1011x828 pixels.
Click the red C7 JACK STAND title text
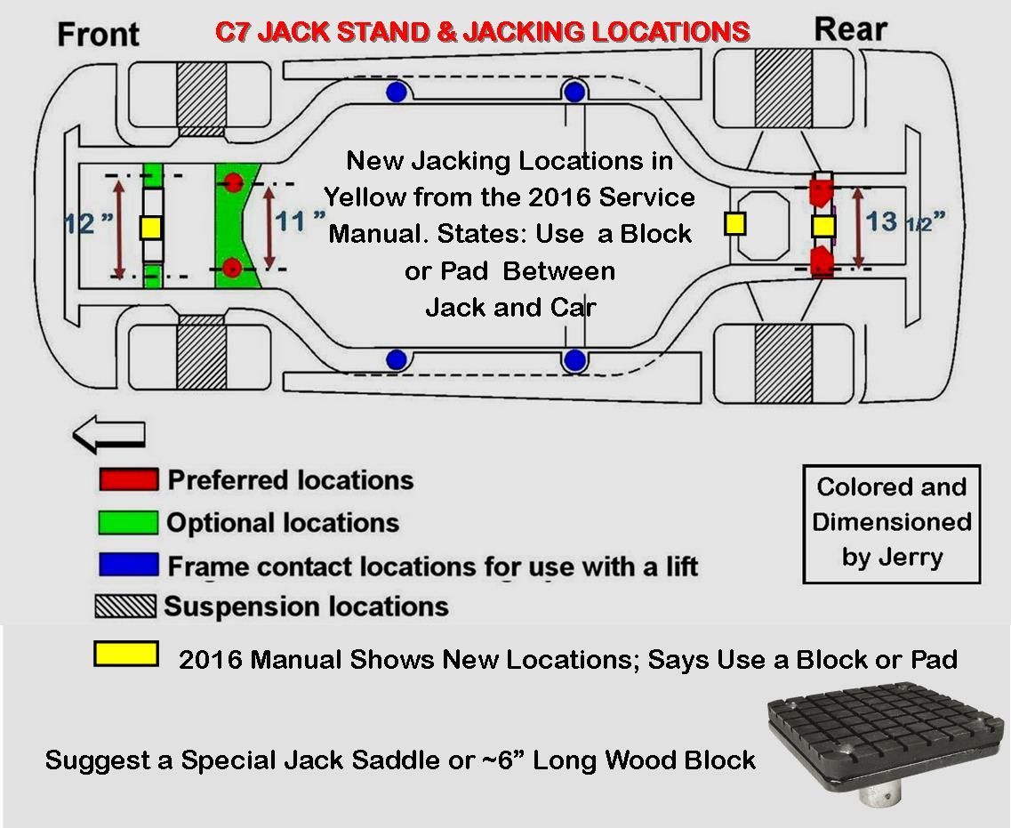pos(482,33)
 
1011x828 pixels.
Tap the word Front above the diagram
pos(98,34)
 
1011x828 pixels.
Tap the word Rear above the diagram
pos(850,29)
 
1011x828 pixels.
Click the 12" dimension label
pos(90,223)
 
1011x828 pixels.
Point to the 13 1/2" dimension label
pos(903,221)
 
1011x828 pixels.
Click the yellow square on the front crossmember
pos(150,229)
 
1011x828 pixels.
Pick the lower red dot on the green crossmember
pos(233,266)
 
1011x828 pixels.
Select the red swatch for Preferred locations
pos(129,480)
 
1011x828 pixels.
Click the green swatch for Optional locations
pos(129,522)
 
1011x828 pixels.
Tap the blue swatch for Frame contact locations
pos(129,565)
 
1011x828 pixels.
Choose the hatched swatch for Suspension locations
pos(125,607)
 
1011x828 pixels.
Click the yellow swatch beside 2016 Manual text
pos(125,655)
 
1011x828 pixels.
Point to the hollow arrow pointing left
pos(108,436)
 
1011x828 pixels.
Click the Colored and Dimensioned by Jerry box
pos(891,524)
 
